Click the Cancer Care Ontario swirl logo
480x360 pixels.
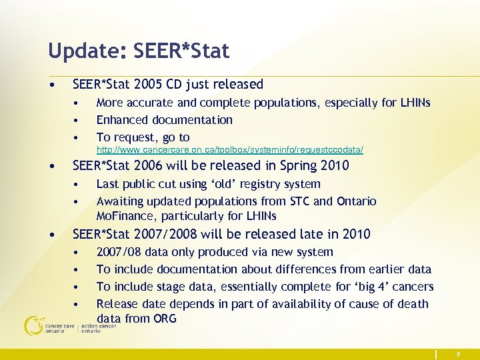point(33,325)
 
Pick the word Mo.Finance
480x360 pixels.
point(127,216)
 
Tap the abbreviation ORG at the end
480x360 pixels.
point(164,319)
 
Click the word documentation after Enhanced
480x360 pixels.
point(193,120)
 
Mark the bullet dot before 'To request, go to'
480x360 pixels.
point(78,138)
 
